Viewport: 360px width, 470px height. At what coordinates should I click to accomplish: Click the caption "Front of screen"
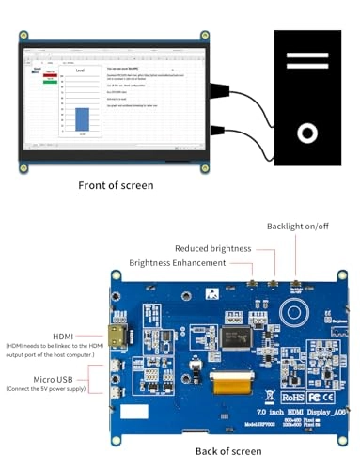[x=116, y=185]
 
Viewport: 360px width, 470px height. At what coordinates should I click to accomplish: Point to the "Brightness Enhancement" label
[x=178, y=263]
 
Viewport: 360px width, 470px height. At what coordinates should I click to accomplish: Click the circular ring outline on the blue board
[x=295, y=312]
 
